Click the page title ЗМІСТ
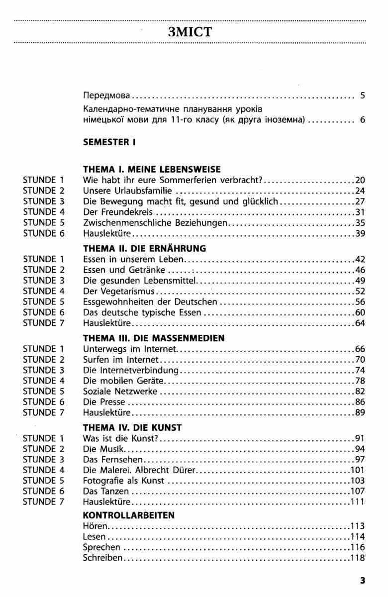coord(191,33)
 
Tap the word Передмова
coord(106,96)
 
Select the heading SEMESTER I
coord(109,142)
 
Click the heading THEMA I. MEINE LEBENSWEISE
coord(152,169)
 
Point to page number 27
coord(360,201)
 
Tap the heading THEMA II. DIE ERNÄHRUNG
coord(145,248)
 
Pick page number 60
coord(360,312)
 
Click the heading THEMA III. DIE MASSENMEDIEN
coord(154,338)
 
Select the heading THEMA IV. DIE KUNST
coord(132,427)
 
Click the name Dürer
coord(186,470)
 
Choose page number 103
coord(358,481)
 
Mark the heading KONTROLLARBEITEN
coord(129,515)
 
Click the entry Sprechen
coord(101,547)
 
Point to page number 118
coord(358,558)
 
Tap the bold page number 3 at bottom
coord(363,580)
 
